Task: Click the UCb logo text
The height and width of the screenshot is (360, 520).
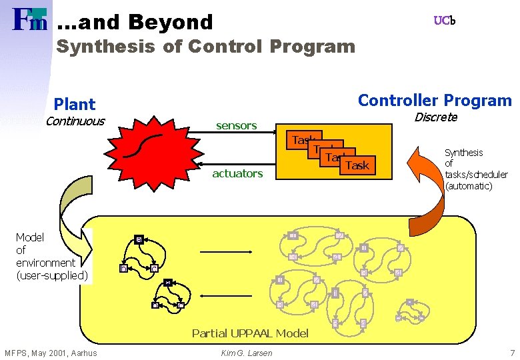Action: click(445, 21)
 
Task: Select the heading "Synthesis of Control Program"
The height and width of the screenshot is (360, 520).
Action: click(205, 47)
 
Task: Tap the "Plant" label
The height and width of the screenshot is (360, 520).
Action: click(75, 104)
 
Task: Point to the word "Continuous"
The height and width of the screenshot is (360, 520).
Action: click(75, 121)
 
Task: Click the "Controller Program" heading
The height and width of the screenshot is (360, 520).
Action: click(435, 101)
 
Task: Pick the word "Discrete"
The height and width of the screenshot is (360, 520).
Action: click(436, 117)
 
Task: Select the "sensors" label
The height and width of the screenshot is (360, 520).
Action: click(236, 125)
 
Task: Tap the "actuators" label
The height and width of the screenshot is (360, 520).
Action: click(237, 173)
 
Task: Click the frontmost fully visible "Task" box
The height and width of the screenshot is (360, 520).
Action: click(358, 165)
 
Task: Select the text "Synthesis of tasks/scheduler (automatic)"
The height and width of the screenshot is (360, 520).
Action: click(476, 169)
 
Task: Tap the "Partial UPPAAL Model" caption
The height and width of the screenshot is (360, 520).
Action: click(250, 333)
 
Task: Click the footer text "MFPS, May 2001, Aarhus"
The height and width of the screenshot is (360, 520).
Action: click(51, 353)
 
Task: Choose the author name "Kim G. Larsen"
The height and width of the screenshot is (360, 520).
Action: click(246, 353)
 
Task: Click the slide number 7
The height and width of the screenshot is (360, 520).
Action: click(512, 352)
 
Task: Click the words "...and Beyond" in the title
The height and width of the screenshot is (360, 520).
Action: click(135, 22)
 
